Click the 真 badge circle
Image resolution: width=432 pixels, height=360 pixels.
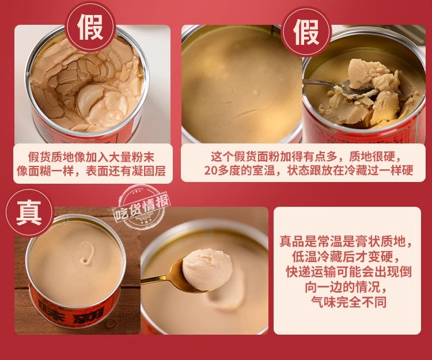click(29, 213)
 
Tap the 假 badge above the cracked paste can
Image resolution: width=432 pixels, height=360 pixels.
click(90, 26)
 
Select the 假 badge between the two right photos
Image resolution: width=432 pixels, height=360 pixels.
click(306, 31)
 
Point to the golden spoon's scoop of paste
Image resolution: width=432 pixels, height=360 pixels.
click(207, 269)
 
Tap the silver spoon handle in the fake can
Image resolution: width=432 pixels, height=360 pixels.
click(323, 82)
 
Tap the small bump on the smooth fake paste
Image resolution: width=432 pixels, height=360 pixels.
click(255, 93)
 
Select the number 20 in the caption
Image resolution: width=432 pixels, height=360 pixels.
click(211, 170)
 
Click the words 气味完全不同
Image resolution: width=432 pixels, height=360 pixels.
click(348, 302)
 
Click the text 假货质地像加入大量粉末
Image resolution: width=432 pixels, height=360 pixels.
click(91, 157)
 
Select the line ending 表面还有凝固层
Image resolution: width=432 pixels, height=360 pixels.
click(91, 171)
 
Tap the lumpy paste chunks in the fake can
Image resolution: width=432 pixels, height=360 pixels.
click(366, 94)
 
